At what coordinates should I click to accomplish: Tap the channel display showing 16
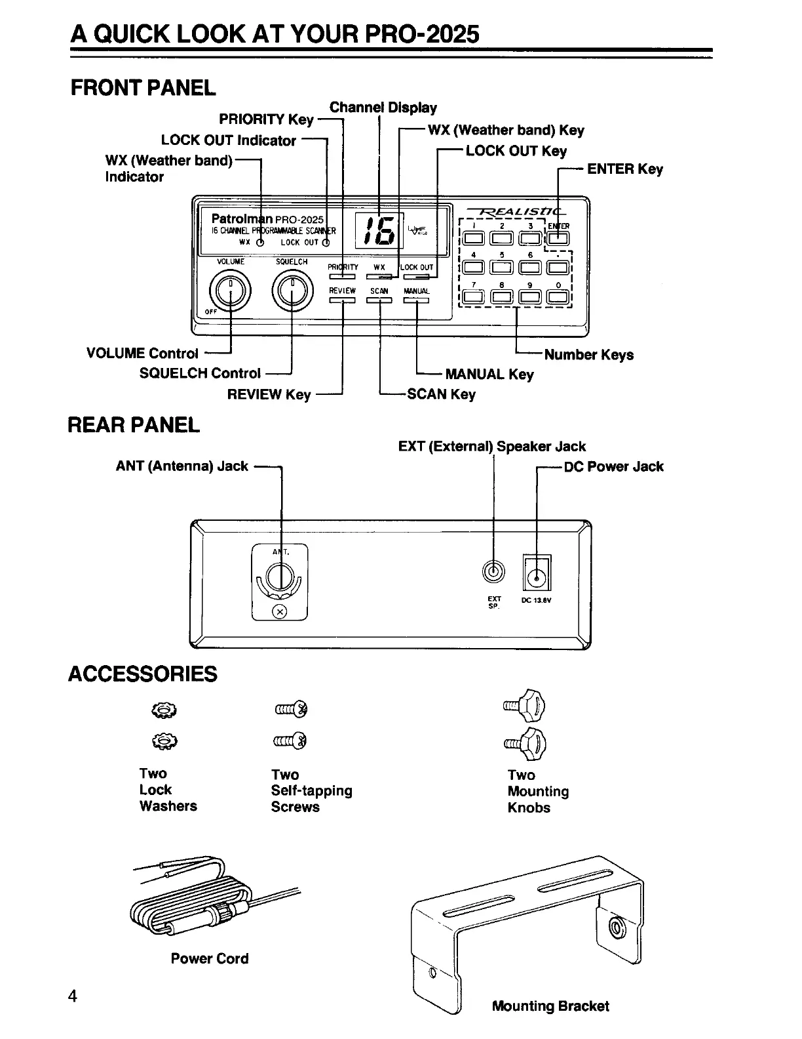pyautogui.click(x=379, y=232)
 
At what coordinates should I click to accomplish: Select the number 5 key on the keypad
pyautogui.click(x=502, y=267)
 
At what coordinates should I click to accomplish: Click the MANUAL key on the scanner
pyautogui.click(x=416, y=300)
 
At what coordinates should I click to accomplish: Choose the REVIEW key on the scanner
pyautogui.click(x=342, y=300)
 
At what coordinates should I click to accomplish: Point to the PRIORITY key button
pyautogui.click(x=342, y=276)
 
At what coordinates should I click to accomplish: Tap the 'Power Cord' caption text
pyautogui.click(x=210, y=958)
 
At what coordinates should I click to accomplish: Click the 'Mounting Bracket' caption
pyautogui.click(x=550, y=1006)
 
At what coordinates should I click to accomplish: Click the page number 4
pyautogui.click(x=73, y=996)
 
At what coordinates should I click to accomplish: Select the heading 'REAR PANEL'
pyautogui.click(x=134, y=425)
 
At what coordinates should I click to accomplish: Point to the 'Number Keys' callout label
pyautogui.click(x=588, y=355)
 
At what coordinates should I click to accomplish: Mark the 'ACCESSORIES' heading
pyautogui.click(x=143, y=674)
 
